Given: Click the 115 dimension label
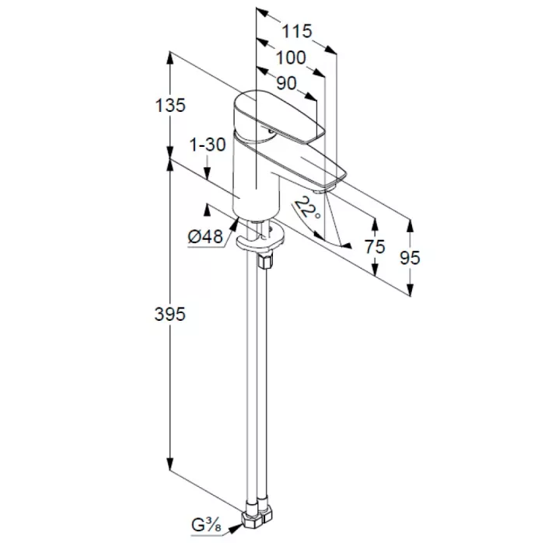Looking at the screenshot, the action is [297, 31].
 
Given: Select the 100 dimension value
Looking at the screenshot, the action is [292, 57].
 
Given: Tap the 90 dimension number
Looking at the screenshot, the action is [287, 83].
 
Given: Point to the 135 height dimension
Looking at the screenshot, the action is [170, 106].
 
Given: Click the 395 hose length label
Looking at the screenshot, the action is [170, 315].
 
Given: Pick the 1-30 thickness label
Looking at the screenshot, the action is [208, 144].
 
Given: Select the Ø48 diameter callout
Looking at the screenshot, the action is [205, 237].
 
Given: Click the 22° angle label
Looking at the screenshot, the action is [307, 207].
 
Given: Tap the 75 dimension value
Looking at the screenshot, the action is [375, 247].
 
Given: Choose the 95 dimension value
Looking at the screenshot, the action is [410, 258].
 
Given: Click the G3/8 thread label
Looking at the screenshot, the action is [207, 525].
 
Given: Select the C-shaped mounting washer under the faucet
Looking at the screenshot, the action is [260, 238].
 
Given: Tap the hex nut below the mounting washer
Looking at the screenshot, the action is [266, 259].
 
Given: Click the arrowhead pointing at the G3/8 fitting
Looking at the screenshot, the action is [236, 528].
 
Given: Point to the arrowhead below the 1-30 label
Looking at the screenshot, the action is [208, 174].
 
